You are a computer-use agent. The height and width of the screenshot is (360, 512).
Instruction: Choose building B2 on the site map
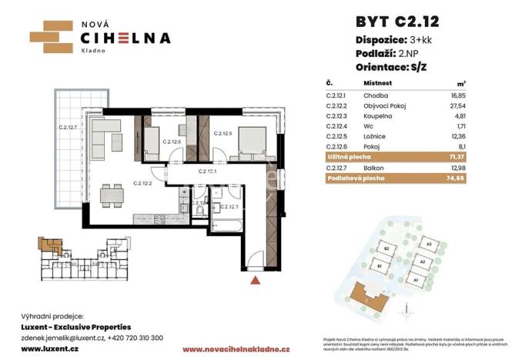pos(389,250)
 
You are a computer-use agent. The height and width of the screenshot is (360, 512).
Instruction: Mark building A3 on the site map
pos(429,245)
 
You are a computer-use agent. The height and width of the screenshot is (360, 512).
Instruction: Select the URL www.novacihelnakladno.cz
pos(235,349)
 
